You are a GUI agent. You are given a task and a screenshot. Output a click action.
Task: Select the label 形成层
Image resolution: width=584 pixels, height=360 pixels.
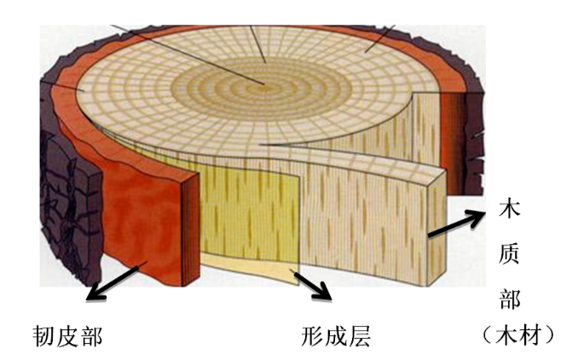point(335,335)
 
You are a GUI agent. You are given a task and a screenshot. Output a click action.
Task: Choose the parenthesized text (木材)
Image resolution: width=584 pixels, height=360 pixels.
point(516,335)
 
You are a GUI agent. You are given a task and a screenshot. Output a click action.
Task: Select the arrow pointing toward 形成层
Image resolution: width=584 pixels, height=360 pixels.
point(312,285)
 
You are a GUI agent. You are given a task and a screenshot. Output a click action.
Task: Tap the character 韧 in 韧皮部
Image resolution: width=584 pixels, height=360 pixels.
point(43,335)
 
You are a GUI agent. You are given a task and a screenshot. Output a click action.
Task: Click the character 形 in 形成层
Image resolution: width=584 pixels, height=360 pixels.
point(310,335)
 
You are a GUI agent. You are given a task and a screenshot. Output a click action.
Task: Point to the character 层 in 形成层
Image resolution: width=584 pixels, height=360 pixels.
point(360,335)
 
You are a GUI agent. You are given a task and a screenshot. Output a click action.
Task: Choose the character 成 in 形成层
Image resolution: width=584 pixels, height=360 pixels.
point(335,335)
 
